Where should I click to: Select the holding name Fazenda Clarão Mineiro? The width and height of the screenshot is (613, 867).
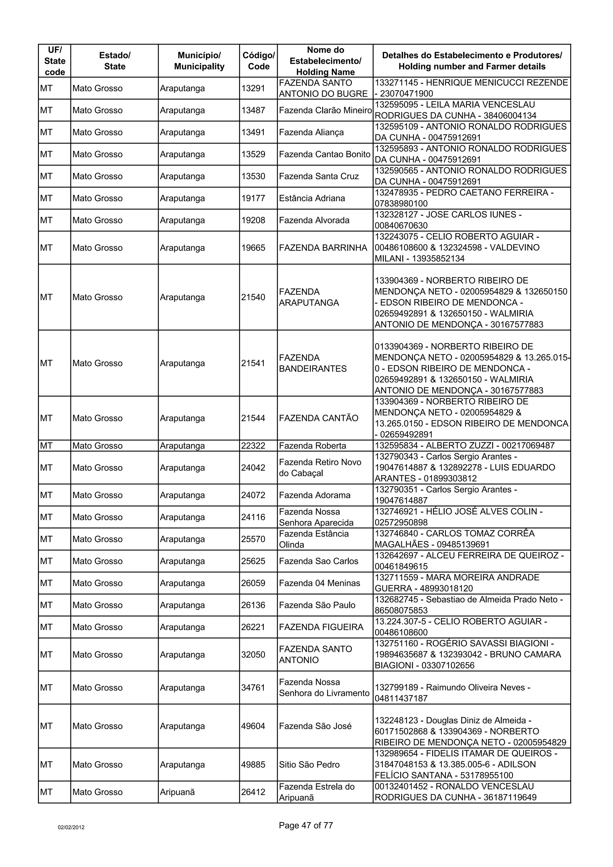325,110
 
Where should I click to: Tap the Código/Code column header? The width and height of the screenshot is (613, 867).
258,61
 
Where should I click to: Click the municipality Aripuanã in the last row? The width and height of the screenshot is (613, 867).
177,792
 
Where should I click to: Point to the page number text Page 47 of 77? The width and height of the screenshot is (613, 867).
306,825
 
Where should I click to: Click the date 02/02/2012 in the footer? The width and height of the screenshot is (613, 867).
71,827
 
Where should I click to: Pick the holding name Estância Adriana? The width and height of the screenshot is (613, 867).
312,198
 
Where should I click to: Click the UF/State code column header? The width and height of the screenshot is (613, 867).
55,61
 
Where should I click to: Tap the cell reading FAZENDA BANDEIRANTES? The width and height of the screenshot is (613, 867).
312,363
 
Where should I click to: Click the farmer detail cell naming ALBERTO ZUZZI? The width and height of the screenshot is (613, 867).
464,445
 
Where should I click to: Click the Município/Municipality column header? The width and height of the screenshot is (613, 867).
199,61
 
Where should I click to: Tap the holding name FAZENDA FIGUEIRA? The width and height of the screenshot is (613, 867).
321,627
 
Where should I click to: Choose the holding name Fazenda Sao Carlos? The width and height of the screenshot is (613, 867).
318,561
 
